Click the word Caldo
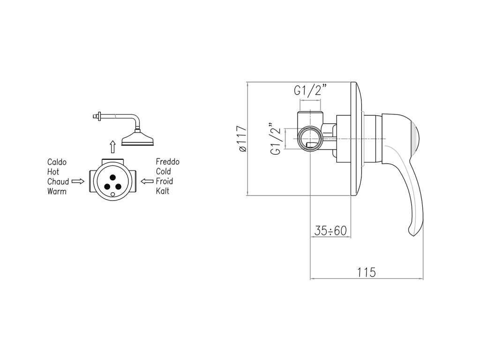pyautogui.click(x=57, y=162)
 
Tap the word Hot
pyautogui.click(x=53, y=172)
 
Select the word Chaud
pyautogui.click(x=58, y=181)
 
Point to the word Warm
pyautogui.click(x=57, y=191)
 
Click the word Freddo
pyautogui.click(x=168, y=162)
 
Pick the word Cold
pyautogui.click(x=164, y=172)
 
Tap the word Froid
pyautogui.click(x=165, y=181)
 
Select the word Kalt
pyautogui.click(x=163, y=191)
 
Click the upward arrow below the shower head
pyautogui.click(x=112, y=147)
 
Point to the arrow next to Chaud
pyautogui.click(x=78, y=181)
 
